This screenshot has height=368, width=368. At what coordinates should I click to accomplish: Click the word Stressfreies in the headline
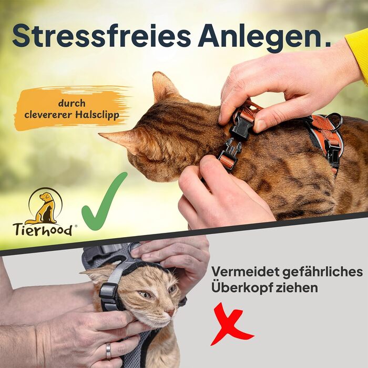pos(101,36)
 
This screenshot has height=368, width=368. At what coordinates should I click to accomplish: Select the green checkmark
pos(105,201)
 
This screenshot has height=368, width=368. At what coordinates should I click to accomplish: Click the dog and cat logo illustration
pos(45,206)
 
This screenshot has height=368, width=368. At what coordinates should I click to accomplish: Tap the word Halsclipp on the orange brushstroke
pos(97,116)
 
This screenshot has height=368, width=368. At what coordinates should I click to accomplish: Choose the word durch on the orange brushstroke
pos(72,103)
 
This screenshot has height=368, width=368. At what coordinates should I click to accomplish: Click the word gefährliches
pos(322,273)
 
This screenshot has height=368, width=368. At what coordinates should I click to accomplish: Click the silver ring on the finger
pos(108,351)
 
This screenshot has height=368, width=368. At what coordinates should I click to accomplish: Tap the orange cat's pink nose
pos(171,312)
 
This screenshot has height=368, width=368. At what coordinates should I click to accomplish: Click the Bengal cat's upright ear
pos(163,86)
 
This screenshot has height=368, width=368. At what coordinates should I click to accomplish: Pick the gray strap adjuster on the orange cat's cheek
pos(108,292)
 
